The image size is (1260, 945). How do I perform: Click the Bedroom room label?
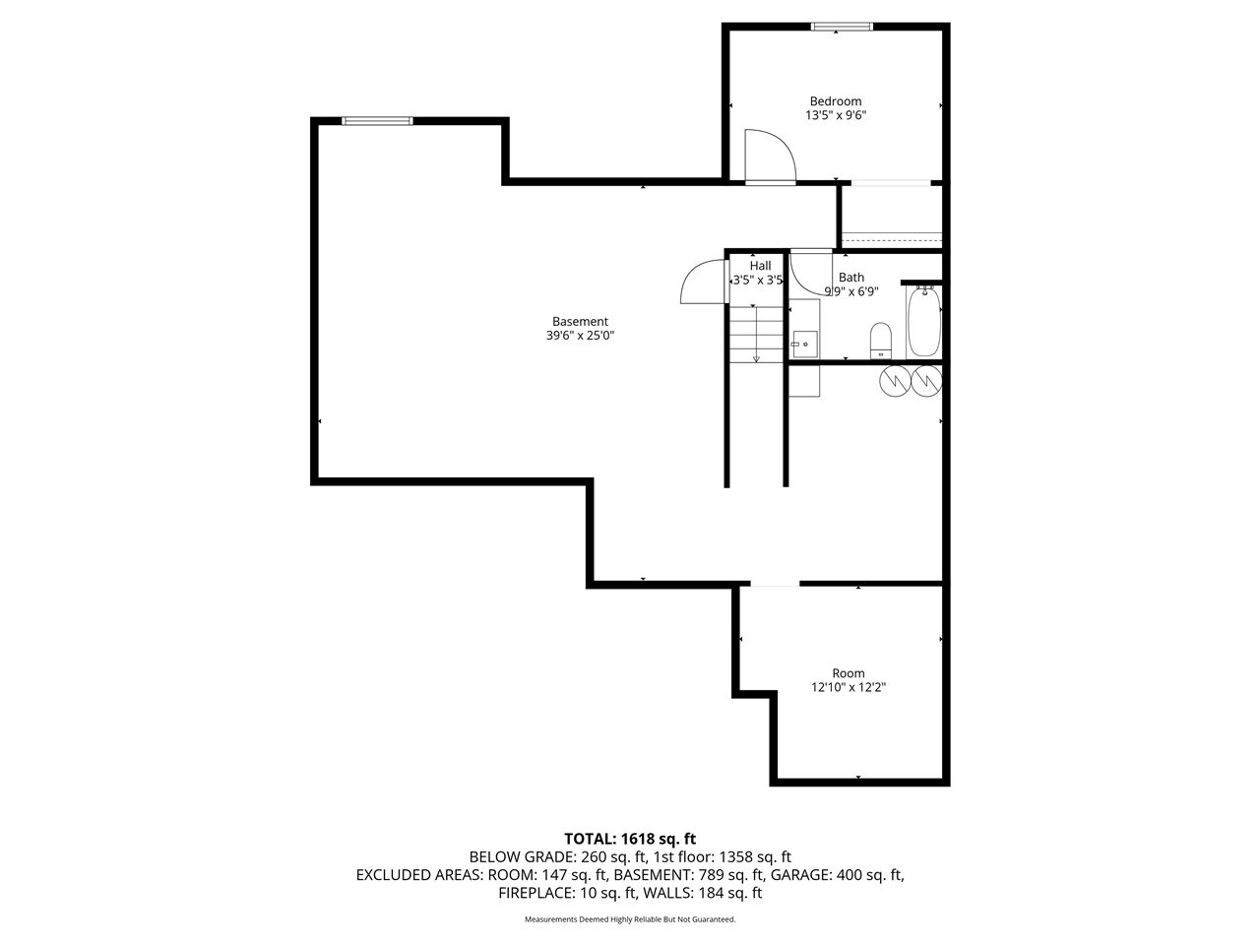835,101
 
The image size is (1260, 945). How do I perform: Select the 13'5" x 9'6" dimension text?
835,115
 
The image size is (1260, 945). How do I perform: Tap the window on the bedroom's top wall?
841,27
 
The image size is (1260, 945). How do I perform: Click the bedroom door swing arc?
771,156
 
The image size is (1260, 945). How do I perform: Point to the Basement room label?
580,321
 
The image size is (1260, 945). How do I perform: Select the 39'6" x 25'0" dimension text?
580,336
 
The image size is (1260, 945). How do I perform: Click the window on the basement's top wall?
377,121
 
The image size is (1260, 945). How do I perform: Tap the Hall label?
760,266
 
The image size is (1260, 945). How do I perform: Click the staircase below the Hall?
756,335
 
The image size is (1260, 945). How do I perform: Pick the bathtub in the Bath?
923,322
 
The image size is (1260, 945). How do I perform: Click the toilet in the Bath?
880,340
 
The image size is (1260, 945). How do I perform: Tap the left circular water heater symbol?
897,380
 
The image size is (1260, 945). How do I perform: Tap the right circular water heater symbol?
926,380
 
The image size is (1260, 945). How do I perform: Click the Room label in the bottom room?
848,673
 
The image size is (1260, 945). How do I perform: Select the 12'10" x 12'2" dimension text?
848,688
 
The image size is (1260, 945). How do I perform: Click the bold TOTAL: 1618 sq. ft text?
629,839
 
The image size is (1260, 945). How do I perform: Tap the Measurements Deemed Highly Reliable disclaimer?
629,919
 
